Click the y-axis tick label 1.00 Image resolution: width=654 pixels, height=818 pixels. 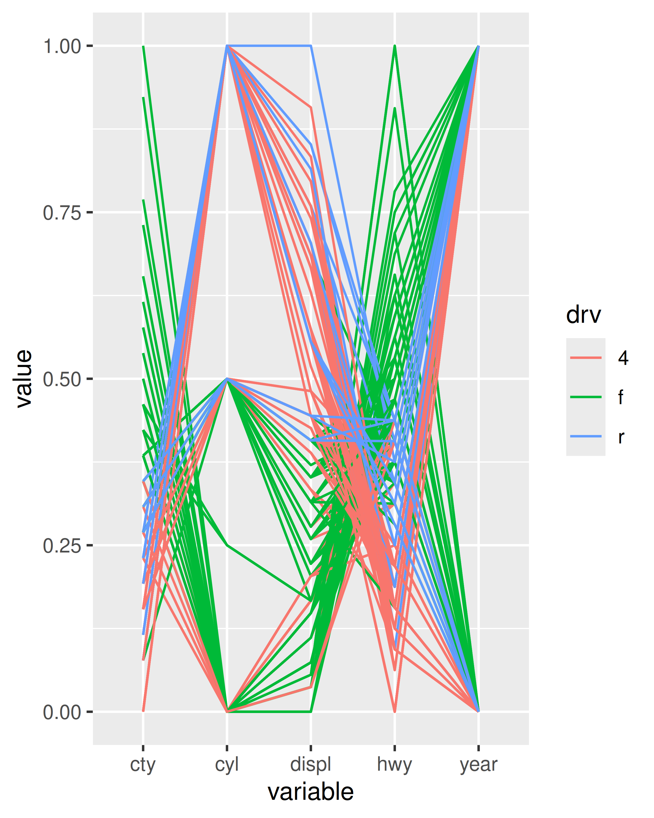coord(62,47)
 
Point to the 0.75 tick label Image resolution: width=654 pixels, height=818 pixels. coord(62,213)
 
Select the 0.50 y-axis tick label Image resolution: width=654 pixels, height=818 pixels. coord(62,379)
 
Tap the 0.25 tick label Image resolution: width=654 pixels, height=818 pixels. coord(62,546)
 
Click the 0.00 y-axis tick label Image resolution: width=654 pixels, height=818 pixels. coord(62,712)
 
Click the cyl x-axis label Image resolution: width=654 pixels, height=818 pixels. coord(227,765)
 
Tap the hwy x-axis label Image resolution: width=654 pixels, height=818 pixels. coord(394,765)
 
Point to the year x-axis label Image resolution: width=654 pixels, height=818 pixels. coord(479,765)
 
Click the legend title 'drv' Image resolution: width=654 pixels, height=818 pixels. coord(583,315)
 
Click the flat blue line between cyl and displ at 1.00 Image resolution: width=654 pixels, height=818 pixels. coord(269,46)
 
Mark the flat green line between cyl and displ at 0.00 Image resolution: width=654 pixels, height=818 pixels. coord(269,712)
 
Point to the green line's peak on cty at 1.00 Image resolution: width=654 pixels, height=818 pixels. coord(143,47)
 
